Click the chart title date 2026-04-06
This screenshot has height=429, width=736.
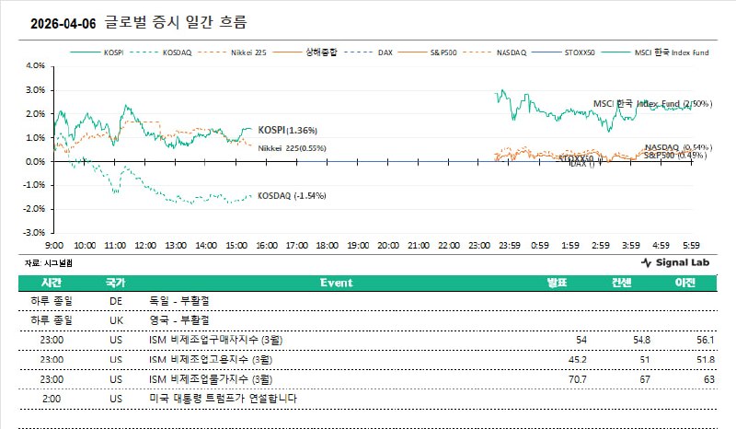[x=63, y=21]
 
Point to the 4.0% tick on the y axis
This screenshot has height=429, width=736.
[x=33, y=66]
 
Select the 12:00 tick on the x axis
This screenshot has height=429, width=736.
[x=144, y=247]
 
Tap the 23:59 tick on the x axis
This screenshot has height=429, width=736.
[x=510, y=247]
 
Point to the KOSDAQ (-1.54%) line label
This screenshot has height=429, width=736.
[x=292, y=196]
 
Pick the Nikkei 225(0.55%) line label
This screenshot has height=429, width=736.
[x=292, y=148]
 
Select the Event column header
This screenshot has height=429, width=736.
[x=336, y=283]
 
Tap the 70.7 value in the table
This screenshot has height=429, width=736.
[x=577, y=377]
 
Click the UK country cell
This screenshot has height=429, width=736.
[x=116, y=319]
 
